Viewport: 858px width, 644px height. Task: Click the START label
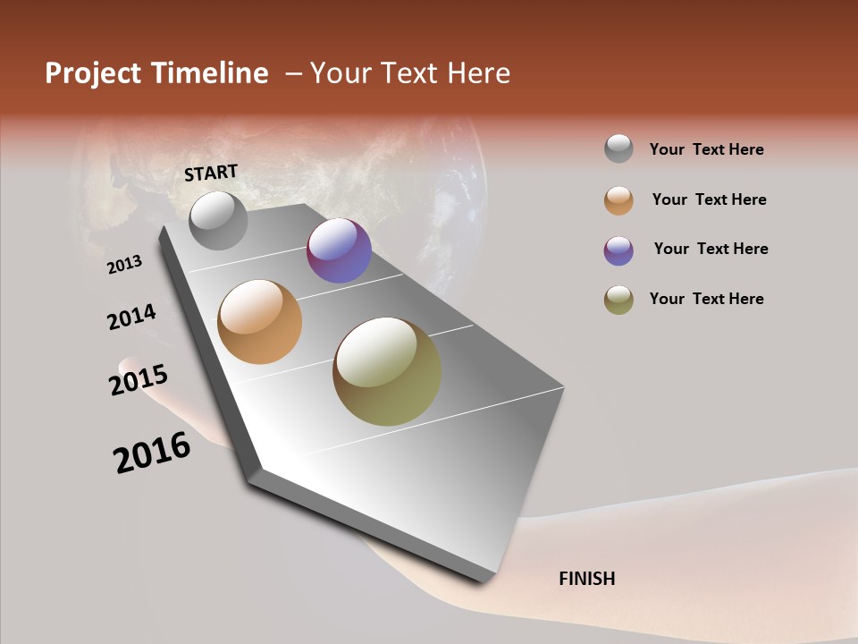click(211, 173)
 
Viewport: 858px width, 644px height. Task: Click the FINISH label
click(586, 579)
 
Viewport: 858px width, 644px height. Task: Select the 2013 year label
click(125, 265)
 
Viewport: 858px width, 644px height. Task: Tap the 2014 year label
click(131, 318)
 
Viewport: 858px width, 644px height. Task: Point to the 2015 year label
click(139, 380)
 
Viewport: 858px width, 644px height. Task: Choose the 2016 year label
click(152, 453)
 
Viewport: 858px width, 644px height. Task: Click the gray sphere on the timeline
click(219, 220)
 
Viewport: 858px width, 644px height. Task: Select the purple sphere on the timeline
click(339, 251)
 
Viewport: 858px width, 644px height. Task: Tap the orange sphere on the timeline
click(260, 322)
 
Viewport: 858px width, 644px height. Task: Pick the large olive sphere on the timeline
click(387, 371)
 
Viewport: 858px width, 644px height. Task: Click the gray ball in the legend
click(618, 149)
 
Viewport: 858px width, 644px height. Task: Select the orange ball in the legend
click(618, 200)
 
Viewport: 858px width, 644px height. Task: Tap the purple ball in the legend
click(618, 250)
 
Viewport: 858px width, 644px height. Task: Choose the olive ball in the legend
click(618, 300)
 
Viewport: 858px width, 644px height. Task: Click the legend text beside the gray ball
click(706, 150)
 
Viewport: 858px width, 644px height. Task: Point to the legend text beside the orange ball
click(709, 200)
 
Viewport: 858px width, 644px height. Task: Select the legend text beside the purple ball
click(711, 249)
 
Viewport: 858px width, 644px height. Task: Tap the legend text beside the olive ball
click(706, 299)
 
